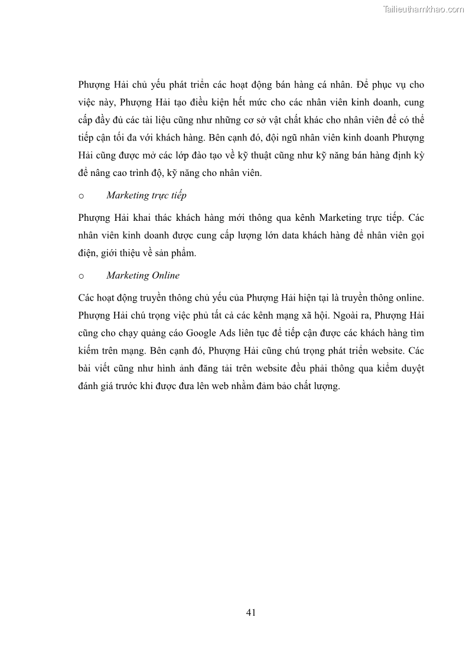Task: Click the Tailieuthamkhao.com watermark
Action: pyautogui.click(x=424, y=9)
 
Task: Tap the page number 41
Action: pyautogui.click(x=250, y=612)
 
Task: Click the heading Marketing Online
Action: pyautogui.click(x=143, y=275)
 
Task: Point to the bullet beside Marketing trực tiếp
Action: pyautogui.click(x=81, y=196)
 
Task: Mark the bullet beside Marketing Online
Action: pyautogui.click(x=81, y=276)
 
